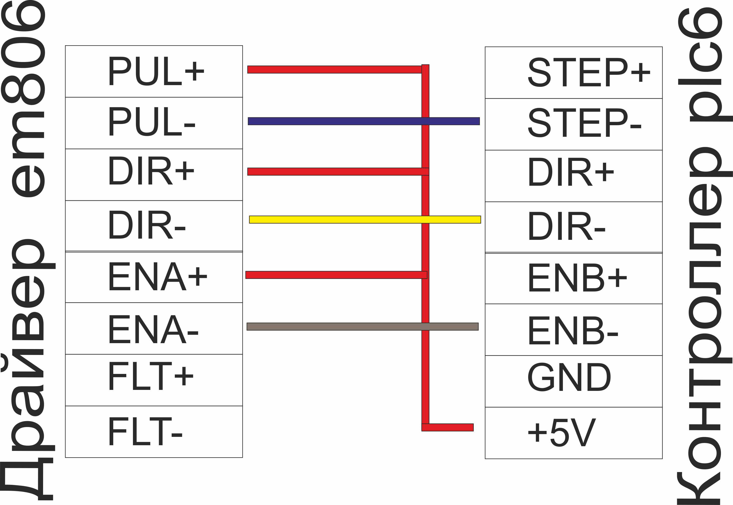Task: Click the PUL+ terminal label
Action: (x=156, y=71)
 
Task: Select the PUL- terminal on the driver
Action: (x=152, y=121)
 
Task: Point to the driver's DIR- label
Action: (x=147, y=225)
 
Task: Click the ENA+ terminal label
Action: (x=158, y=276)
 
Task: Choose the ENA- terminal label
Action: (x=154, y=329)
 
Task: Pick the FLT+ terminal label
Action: (x=151, y=376)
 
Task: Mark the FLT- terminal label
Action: (x=146, y=431)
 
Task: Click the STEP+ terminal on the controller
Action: (x=589, y=72)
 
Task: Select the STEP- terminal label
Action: (x=585, y=123)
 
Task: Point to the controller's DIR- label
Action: (x=567, y=226)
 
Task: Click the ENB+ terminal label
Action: (x=578, y=277)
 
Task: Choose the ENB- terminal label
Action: (x=573, y=330)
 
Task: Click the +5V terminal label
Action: (x=562, y=432)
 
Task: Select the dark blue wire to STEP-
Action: (x=364, y=121)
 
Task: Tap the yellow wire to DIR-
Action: (x=365, y=220)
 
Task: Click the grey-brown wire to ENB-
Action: (x=362, y=327)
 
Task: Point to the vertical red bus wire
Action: (x=425, y=248)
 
